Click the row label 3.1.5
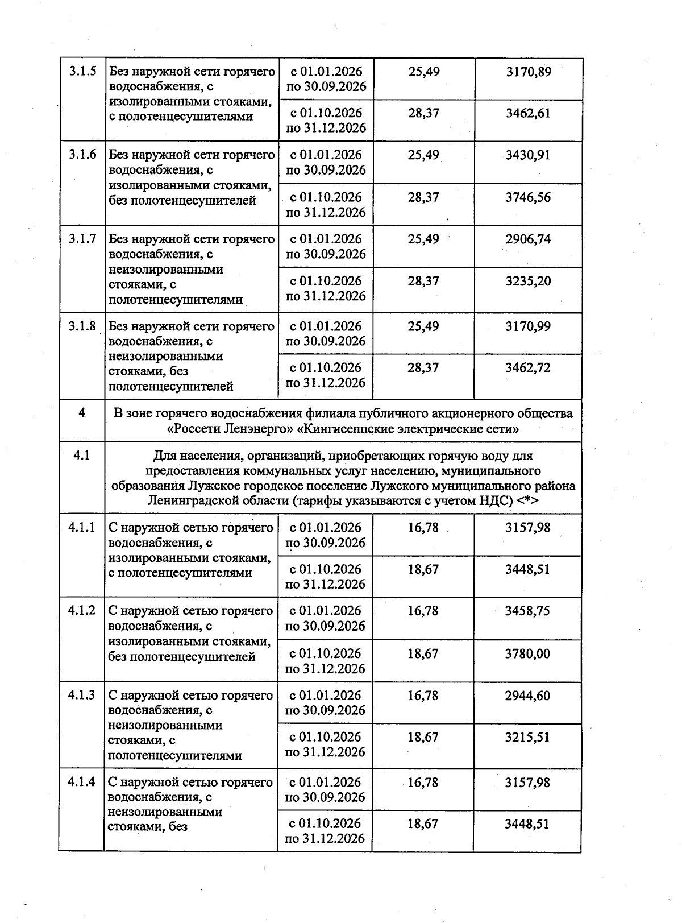[x=82, y=72]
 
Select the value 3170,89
[x=528, y=72]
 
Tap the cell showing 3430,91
[x=528, y=155]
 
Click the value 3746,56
[x=528, y=197]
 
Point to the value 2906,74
[x=528, y=239]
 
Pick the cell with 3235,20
[x=528, y=281]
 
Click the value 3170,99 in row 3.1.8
[x=528, y=326]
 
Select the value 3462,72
[x=528, y=368]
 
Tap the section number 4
[x=82, y=413]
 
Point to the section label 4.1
[x=82, y=455]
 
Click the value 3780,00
[x=527, y=654]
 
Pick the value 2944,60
[x=527, y=696]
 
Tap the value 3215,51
[x=527, y=738]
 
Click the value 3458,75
[x=527, y=611]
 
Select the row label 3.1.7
[x=82, y=239]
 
